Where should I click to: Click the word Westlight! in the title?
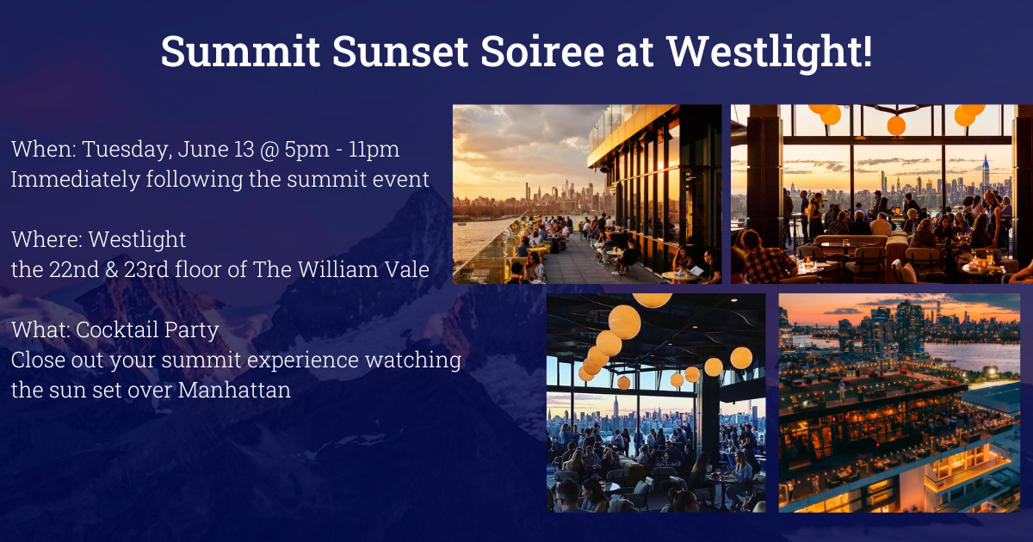(x=770, y=51)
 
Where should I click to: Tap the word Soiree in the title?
(x=541, y=51)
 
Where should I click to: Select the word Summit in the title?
(x=240, y=51)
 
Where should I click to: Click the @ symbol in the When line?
(x=269, y=150)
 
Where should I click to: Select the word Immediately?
(x=75, y=179)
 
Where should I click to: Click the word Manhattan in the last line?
(x=234, y=390)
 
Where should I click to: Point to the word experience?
(x=302, y=360)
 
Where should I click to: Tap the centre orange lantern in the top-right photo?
(x=896, y=126)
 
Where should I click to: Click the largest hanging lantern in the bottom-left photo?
(x=624, y=322)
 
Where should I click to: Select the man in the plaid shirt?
(x=764, y=259)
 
